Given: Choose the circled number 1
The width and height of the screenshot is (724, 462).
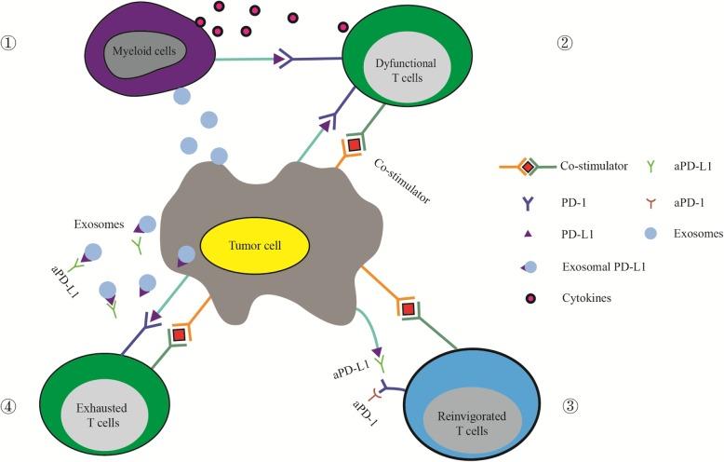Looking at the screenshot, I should pyautogui.click(x=12, y=44).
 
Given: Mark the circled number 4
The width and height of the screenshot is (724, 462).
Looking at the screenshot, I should pyautogui.click(x=12, y=406).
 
